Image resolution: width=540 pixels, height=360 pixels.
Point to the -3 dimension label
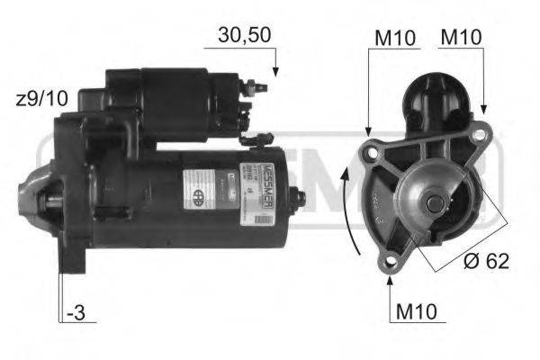pos(76,315)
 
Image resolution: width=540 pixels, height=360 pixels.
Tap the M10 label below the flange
pos(415,313)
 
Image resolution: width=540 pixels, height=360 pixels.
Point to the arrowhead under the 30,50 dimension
pos(276,70)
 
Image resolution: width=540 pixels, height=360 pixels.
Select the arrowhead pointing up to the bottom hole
pos(390,278)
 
